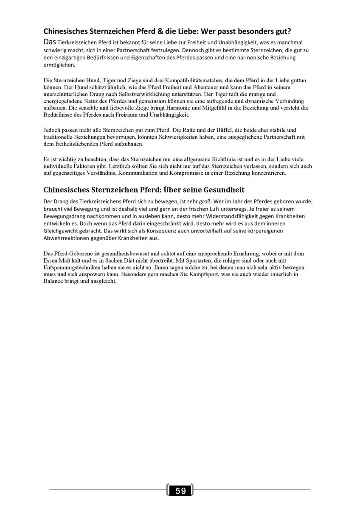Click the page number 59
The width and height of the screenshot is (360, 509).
pos(180,491)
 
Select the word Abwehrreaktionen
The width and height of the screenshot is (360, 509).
pos(70,238)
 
